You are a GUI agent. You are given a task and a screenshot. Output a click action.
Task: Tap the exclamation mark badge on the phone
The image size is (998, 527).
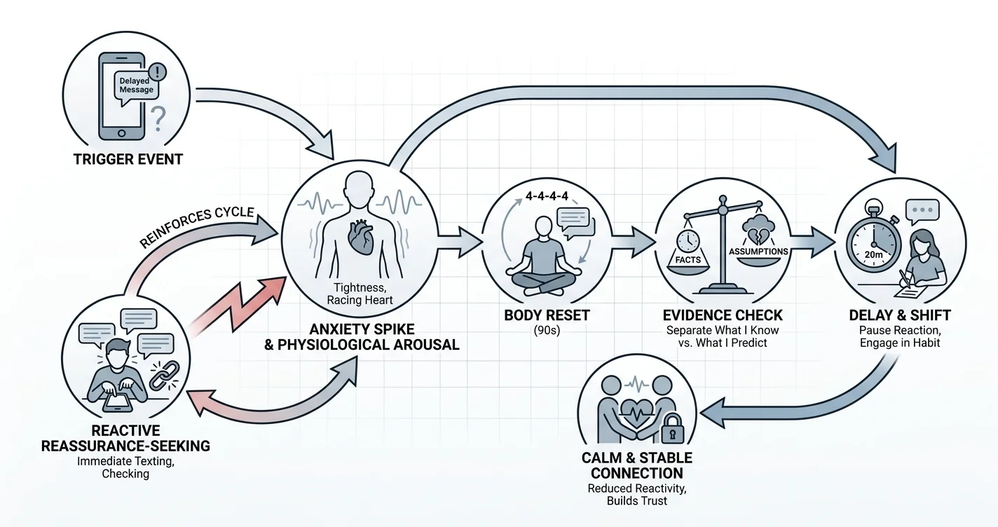click(x=157, y=71)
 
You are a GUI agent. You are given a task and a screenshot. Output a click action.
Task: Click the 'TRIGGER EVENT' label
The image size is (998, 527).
click(x=128, y=159)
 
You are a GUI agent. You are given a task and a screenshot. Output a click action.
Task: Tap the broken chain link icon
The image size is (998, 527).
click(x=165, y=375)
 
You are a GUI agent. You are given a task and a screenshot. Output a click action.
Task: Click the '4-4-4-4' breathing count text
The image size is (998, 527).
click(x=547, y=196)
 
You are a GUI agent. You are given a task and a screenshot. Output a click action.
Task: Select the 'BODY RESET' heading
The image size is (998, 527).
click(x=547, y=315)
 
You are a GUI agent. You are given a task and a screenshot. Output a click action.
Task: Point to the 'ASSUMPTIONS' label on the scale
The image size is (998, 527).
click(x=758, y=252)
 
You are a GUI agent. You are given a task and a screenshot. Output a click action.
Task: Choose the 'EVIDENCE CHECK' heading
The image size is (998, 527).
click(x=722, y=315)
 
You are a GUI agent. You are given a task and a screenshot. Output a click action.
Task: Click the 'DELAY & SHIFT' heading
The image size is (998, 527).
click(x=900, y=315)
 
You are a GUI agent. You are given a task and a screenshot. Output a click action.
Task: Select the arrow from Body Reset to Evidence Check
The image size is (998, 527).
click(x=633, y=242)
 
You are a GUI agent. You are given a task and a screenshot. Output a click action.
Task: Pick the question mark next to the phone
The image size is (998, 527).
click(x=158, y=118)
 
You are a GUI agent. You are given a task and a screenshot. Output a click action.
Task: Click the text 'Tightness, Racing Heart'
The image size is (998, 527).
click(x=360, y=294)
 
